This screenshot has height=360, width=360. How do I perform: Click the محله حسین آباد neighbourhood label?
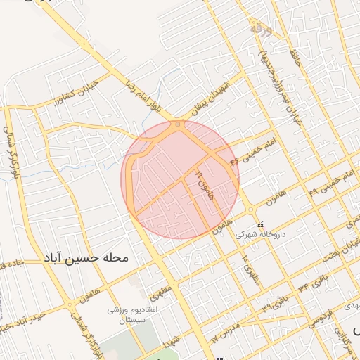coord(86,258)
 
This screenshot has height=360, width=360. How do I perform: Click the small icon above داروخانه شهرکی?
coord(261,224)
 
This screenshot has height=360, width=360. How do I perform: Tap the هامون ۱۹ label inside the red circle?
coord(204,182)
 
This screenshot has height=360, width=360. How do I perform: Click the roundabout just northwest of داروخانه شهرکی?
coord(250,209)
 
